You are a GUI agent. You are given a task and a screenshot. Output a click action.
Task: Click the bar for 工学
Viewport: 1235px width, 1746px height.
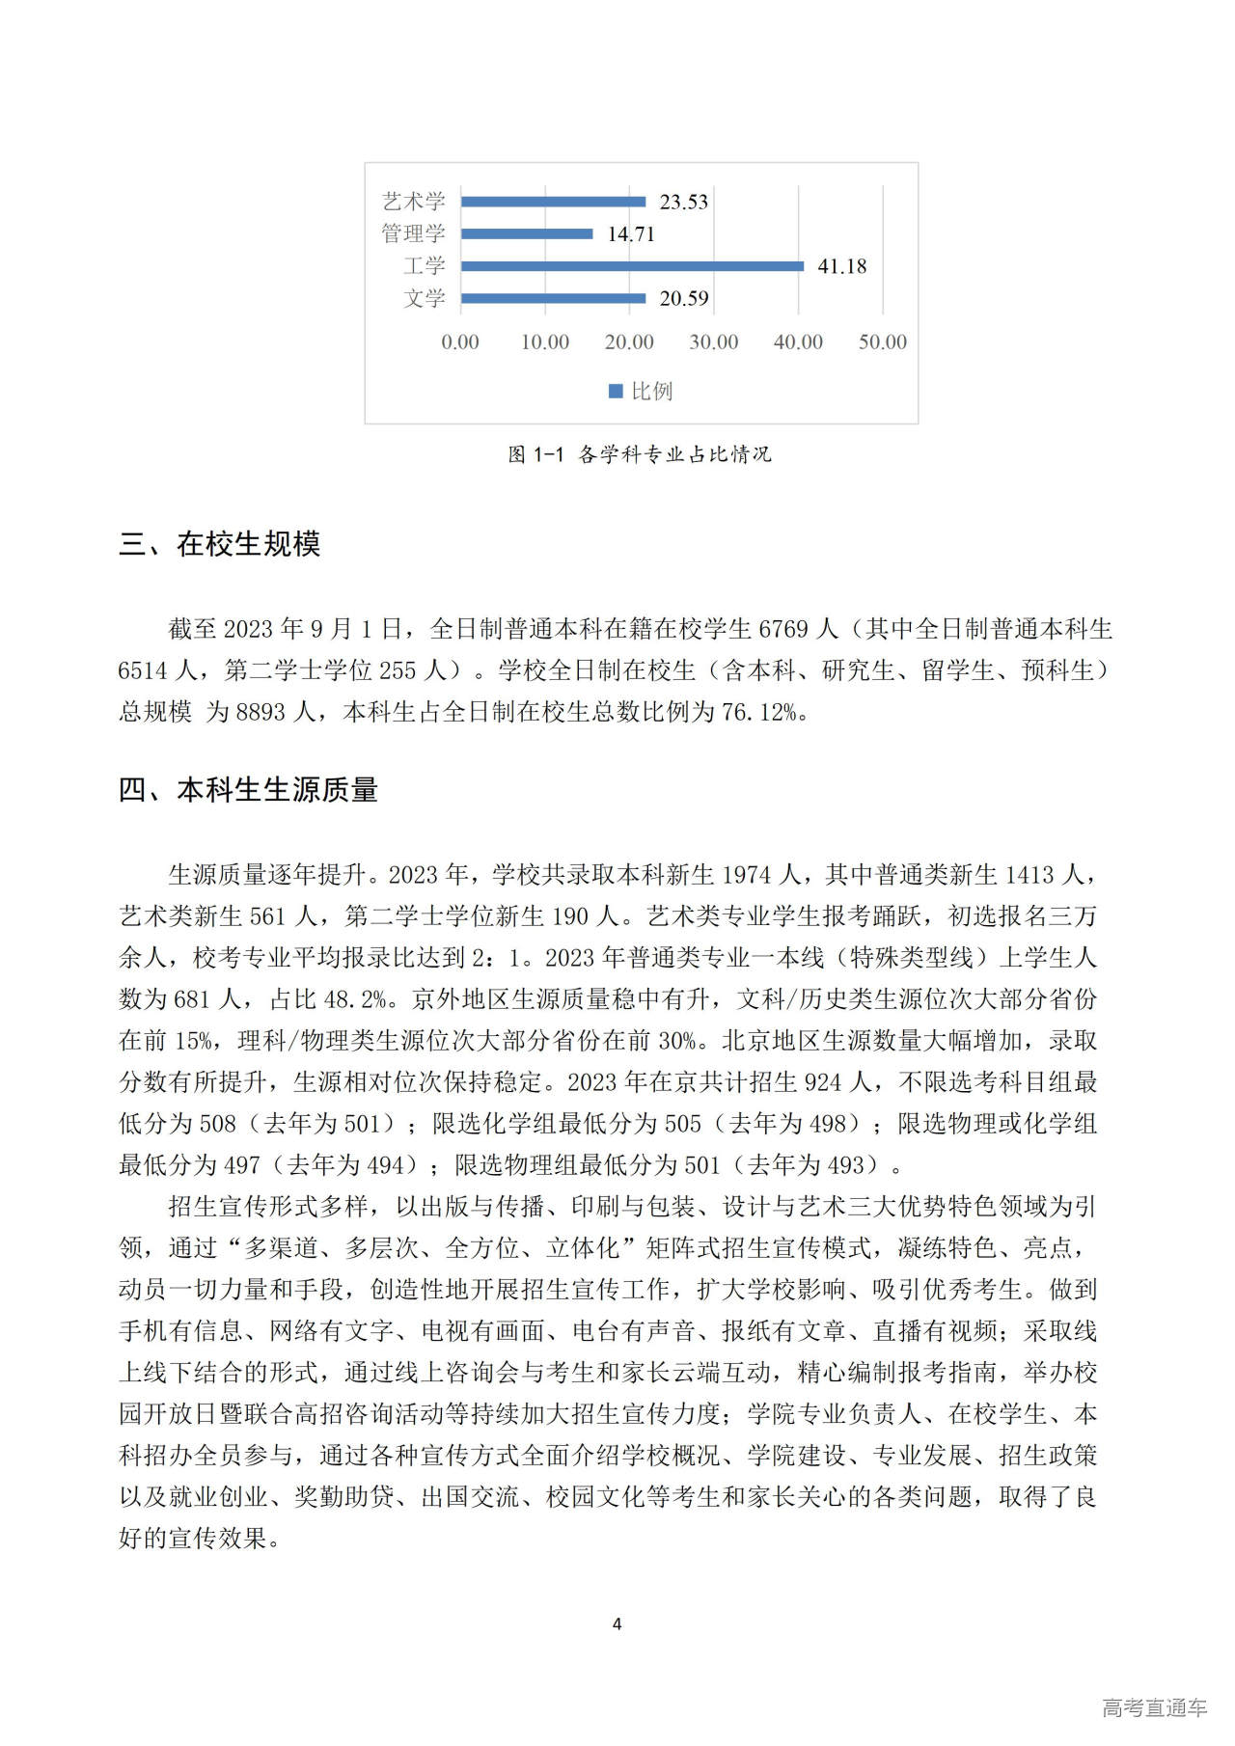click(632, 266)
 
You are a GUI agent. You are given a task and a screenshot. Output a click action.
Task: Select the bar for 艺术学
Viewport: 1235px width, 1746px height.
click(553, 202)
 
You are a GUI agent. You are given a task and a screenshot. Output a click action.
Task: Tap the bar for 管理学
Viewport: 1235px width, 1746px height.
click(527, 233)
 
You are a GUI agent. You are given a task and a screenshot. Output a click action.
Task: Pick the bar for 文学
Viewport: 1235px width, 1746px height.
click(553, 298)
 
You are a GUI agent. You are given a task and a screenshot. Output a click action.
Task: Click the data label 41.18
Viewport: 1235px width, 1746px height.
click(841, 266)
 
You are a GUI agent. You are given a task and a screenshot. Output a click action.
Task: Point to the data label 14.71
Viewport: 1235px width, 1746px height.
click(631, 234)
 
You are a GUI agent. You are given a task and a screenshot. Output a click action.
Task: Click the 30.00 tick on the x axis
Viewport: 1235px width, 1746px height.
click(714, 342)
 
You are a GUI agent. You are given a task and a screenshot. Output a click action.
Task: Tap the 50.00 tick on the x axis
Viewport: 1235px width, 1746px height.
click(882, 342)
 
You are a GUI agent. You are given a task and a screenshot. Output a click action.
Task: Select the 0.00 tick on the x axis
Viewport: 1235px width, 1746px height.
click(460, 342)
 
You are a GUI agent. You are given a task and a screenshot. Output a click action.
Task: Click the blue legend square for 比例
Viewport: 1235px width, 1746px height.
click(616, 391)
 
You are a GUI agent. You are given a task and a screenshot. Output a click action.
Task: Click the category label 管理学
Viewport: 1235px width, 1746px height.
click(413, 233)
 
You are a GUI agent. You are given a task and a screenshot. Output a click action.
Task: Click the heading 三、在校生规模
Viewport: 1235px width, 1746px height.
click(219, 544)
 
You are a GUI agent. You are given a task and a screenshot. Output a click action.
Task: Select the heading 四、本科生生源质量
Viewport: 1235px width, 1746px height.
click(248, 790)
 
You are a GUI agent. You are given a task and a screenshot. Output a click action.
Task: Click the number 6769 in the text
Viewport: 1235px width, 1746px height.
click(783, 629)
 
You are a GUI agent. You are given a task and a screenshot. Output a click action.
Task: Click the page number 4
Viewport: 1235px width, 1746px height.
click(617, 1623)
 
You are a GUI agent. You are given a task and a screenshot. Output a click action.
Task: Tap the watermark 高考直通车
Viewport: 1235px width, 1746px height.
click(1154, 1707)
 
